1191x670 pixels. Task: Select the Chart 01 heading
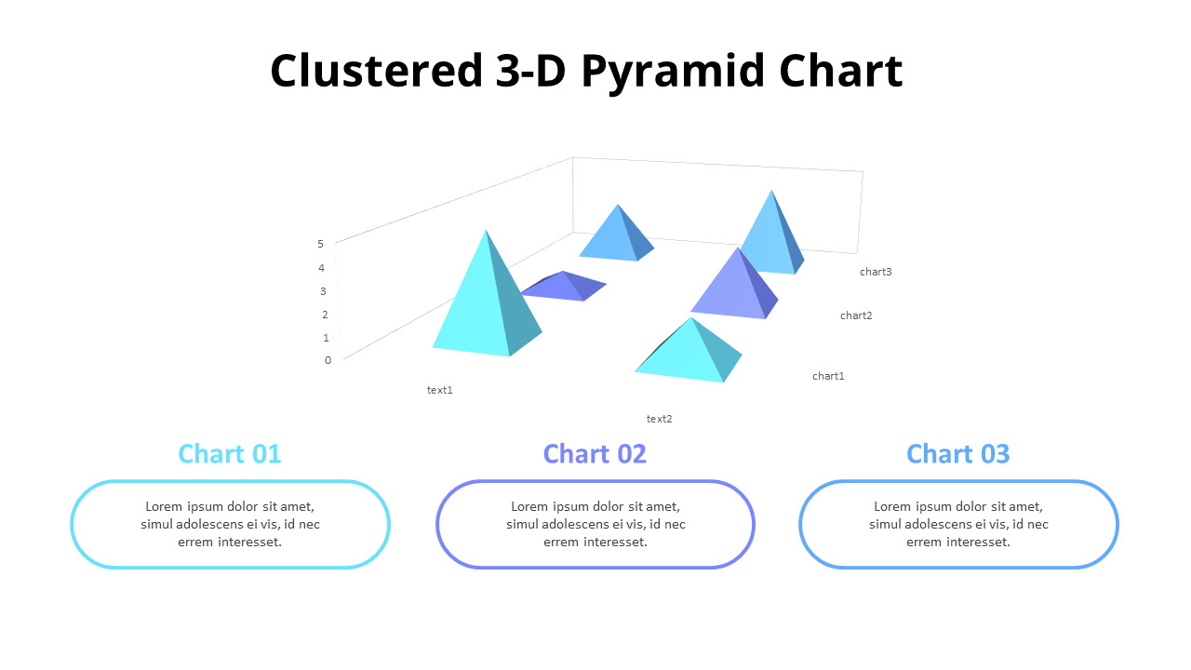click(230, 453)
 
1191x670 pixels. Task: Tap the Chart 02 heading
click(595, 453)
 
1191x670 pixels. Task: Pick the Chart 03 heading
click(957, 453)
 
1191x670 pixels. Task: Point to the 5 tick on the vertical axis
click(320, 244)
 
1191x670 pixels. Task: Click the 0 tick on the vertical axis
click(328, 360)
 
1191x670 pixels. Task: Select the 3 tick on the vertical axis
click(323, 290)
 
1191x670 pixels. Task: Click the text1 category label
click(440, 390)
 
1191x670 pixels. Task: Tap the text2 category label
click(659, 419)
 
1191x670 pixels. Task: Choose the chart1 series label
click(828, 376)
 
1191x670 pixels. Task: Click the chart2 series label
click(856, 315)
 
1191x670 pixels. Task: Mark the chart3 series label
click(876, 272)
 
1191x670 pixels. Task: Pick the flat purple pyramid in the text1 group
click(566, 288)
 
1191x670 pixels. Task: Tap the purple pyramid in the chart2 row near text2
click(735, 288)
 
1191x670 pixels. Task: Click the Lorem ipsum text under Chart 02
click(595, 524)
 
